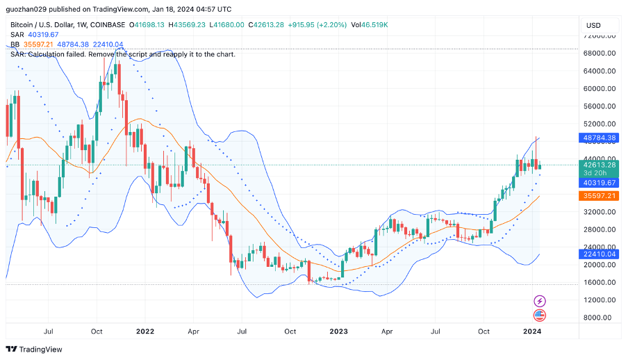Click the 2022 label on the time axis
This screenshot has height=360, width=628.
144,332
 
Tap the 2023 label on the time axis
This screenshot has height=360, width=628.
338,332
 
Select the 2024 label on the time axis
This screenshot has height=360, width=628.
532,332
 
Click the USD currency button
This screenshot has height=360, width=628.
594,25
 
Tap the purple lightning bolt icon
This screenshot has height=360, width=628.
540,301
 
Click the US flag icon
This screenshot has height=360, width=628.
540,316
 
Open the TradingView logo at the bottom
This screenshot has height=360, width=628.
34,349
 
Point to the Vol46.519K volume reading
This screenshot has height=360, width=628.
370,24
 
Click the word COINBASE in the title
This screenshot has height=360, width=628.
107,24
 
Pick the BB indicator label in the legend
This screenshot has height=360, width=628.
15,44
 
